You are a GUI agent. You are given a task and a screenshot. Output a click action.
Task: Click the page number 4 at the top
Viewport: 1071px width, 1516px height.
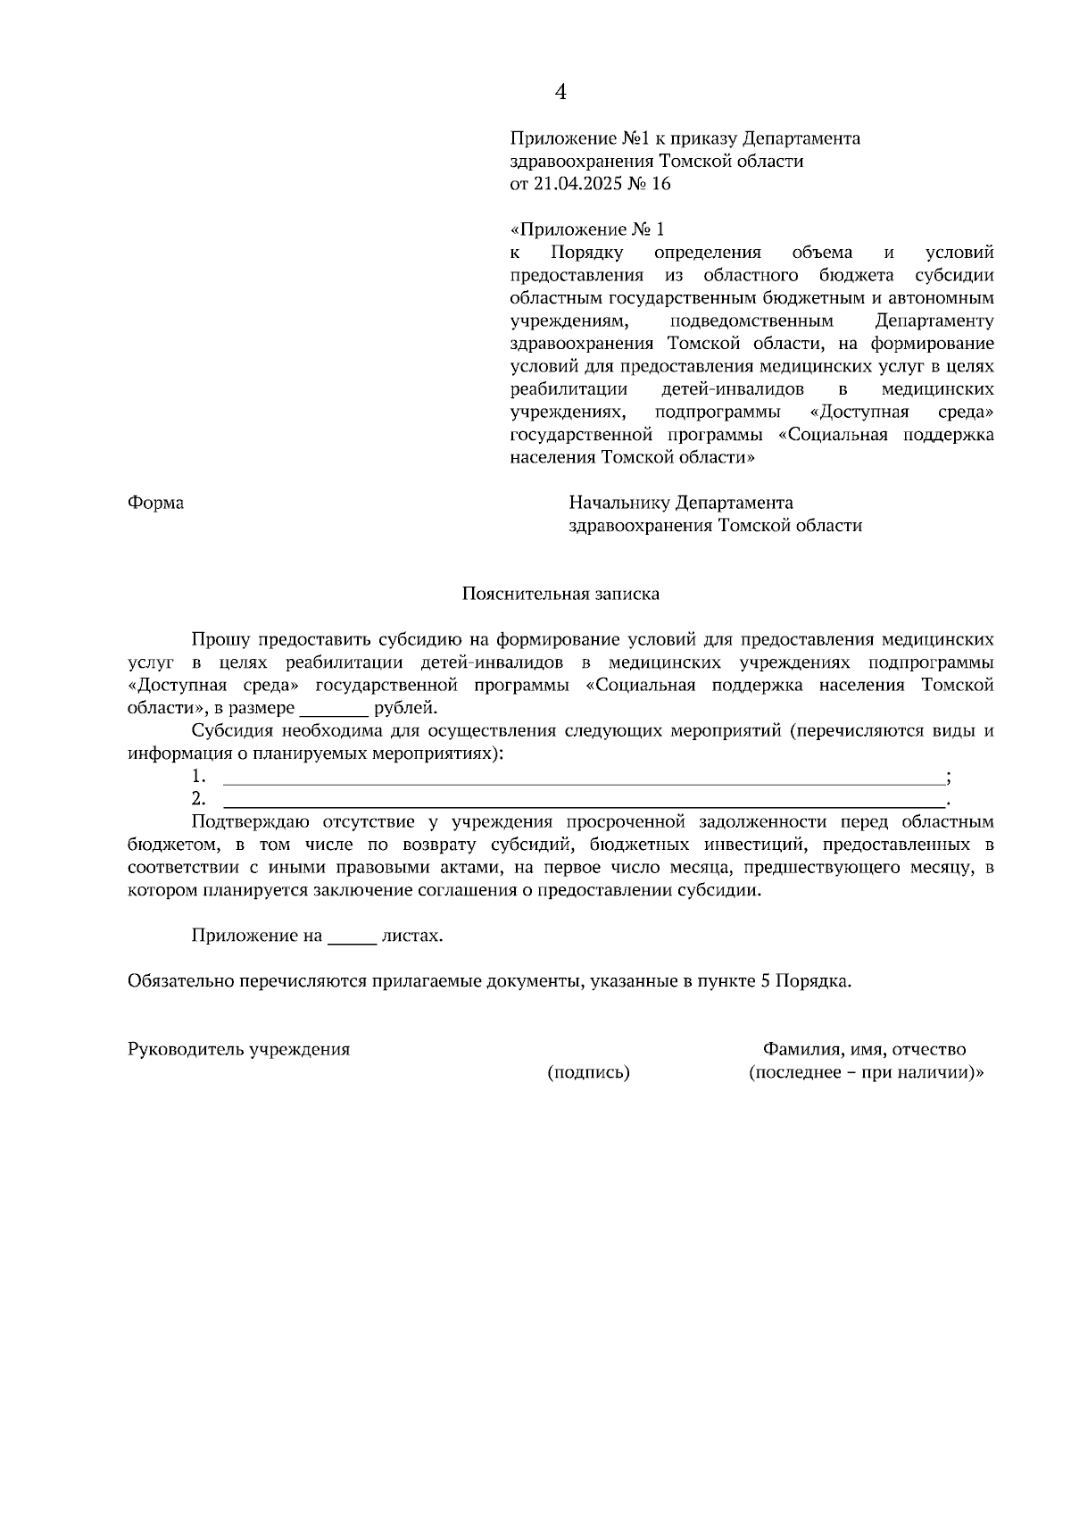[x=560, y=92]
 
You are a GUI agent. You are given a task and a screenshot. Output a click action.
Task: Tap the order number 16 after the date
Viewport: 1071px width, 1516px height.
[x=661, y=185]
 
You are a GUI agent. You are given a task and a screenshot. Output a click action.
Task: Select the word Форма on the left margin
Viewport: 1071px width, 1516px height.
[x=156, y=504]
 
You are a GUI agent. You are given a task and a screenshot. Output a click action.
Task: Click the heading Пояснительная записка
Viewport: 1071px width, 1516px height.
[x=560, y=594]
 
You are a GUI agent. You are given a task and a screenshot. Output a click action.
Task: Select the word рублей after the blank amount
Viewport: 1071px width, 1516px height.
[x=405, y=709]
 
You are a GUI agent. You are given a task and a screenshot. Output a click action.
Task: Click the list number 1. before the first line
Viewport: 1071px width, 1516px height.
[x=199, y=777]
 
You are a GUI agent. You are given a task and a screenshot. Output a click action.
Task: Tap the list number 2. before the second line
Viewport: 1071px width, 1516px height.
[x=199, y=799]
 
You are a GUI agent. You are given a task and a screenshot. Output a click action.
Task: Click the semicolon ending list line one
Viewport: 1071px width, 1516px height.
[x=948, y=778]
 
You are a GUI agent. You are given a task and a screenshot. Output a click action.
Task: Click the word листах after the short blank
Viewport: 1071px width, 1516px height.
[x=411, y=937]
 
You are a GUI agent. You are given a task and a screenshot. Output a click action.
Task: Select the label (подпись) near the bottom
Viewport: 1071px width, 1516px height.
[x=588, y=1073]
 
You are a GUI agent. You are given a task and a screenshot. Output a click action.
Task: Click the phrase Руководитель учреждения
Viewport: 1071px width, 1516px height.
[x=239, y=1050]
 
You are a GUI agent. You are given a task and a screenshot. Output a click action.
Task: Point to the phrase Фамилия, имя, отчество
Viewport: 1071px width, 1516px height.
[x=864, y=1050]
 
